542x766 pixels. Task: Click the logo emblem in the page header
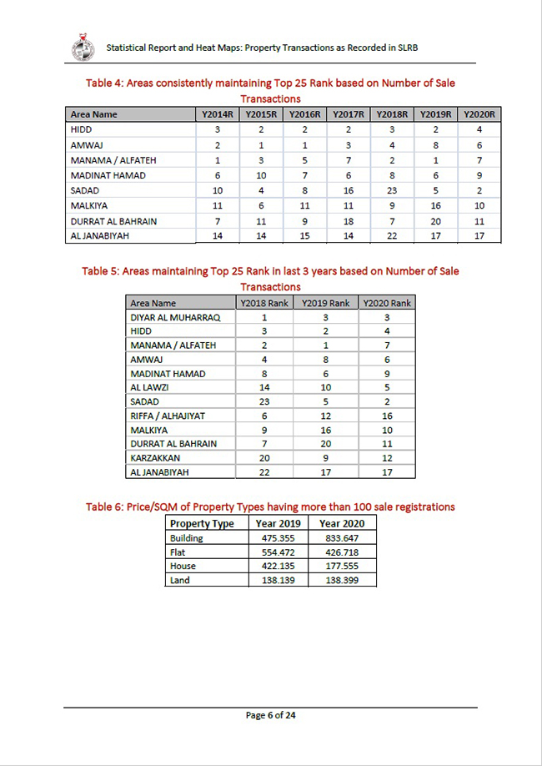pos(83,48)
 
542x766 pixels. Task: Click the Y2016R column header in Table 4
pos(304,114)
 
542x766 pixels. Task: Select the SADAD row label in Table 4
pos(85,190)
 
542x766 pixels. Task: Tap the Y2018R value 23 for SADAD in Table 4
pos(392,190)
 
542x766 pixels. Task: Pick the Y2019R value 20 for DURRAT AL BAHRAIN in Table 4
pos(435,221)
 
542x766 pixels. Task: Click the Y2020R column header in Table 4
pos(479,114)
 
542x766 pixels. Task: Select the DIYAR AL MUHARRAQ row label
pos(175,318)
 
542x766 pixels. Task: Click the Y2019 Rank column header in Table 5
pos(326,303)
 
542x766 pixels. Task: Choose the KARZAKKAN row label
pos(156,458)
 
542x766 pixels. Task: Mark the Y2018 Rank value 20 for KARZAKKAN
pos(264,458)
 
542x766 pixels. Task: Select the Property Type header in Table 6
pos(202,523)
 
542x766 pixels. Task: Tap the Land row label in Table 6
pos(180,580)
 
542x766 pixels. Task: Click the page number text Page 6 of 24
pos(271,715)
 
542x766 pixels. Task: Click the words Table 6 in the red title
pos(107,506)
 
